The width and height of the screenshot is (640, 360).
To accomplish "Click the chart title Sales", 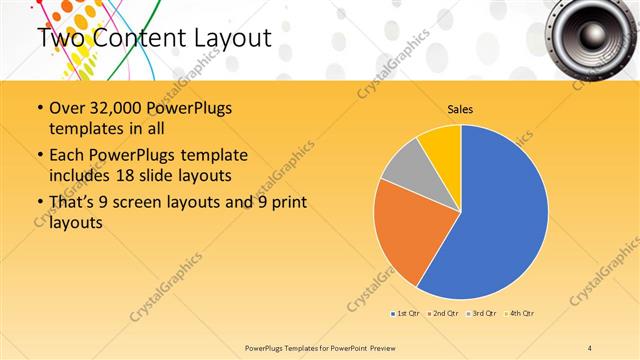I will pos(460,109).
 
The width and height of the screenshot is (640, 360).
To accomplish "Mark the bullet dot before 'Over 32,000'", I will pos(39,108).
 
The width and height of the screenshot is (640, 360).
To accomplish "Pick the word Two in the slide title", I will pos(61,39).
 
